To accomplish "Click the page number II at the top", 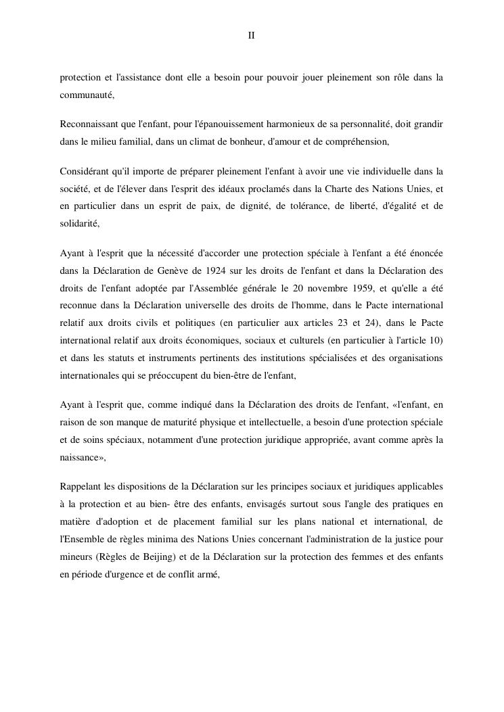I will pyautogui.click(x=251, y=35).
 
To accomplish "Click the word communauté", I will pyautogui.click(x=87, y=95).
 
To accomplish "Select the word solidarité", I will pyautogui.click(x=79, y=223).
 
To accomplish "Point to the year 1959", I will pyautogui.click(x=348, y=287).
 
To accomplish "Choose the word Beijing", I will pyautogui.click(x=176, y=538).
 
